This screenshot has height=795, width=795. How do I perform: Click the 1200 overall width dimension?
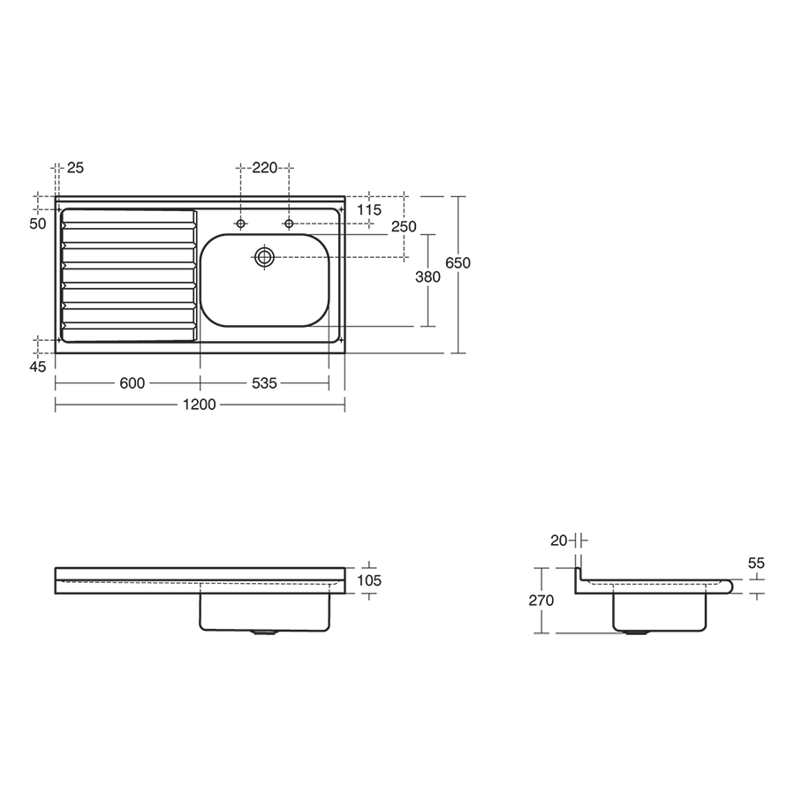(x=200, y=405)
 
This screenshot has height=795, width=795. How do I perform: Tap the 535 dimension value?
(x=264, y=383)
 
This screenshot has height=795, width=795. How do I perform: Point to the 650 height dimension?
(x=458, y=262)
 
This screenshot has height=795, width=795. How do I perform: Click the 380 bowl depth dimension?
(x=428, y=277)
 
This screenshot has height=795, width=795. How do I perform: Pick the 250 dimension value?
(x=404, y=227)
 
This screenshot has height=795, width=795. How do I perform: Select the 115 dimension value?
(x=369, y=210)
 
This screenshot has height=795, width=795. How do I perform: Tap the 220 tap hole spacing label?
(x=264, y=167)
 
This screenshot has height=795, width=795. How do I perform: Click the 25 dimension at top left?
(x=75, y=167)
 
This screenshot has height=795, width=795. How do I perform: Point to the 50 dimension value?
(x=37, y=224)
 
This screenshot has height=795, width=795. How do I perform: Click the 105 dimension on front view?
(x=370, y=580)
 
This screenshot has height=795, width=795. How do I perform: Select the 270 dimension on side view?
(x=541, y=601)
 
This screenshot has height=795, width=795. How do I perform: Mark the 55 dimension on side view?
(x=755, y=563)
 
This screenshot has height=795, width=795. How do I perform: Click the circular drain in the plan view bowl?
(x=265, y=257)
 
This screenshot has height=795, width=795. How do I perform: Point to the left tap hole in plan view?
(x=240, y=223)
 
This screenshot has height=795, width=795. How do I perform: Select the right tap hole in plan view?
(x=289, y=223)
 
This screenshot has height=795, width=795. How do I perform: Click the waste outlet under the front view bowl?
(x=264, y=632)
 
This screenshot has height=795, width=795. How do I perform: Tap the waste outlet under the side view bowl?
(x=634, y=632)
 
